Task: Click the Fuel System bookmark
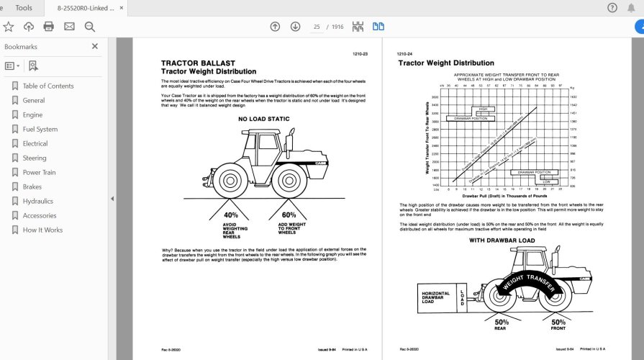click(40, 130)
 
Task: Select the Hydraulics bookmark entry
click(37, 202)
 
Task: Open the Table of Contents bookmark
click(47, 86)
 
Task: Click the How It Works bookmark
click(42, 230)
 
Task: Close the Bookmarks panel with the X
click(94, 46)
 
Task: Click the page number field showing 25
click(317, 27)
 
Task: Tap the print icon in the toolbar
click(49, 27)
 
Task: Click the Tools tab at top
click(24, 8)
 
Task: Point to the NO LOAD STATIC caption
click(263, 119)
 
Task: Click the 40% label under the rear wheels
click(232, 215)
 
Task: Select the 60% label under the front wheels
click(289, 215)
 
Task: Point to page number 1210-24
click(404, 54)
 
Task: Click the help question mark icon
click(612, 8)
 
